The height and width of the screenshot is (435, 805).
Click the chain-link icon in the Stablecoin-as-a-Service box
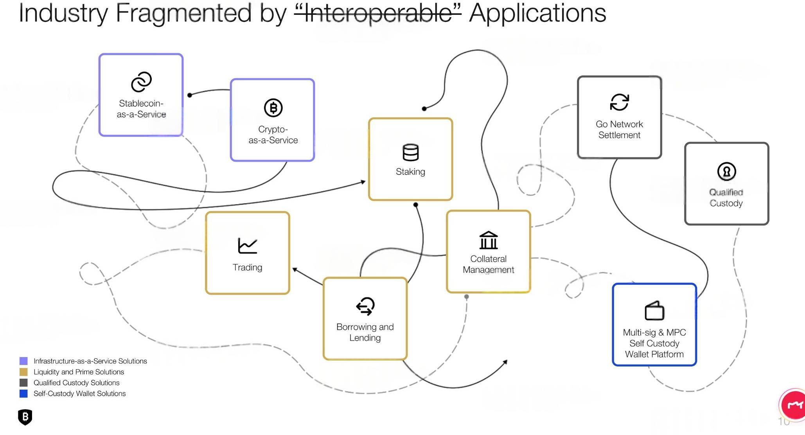[141, 82]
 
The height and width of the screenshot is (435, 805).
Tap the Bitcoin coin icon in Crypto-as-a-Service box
[273, 108]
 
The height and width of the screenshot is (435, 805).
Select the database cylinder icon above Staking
[410, 153]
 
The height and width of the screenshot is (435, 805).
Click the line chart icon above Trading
[247, 246]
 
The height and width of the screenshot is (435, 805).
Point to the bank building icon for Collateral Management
[489, 240]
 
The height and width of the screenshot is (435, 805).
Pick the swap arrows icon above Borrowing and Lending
[365, 306]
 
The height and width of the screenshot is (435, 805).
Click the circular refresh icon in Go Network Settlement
[620, 102]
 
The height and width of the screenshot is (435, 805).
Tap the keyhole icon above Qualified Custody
[726, 171]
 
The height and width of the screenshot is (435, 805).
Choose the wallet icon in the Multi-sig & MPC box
[654, 311]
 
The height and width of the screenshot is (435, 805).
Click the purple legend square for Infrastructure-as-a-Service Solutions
[23, 361]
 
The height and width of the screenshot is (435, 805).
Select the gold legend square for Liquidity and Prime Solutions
[23, 372]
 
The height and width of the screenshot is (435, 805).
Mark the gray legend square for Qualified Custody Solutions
[23, 383]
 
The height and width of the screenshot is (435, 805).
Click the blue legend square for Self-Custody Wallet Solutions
[23, 394]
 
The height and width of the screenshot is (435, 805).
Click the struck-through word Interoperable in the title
[377, 13]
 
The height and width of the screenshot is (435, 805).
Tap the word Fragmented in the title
[183, 13]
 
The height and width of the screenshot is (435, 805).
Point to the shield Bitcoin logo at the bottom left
[25, 417]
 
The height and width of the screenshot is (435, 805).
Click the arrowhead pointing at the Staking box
[363, 182]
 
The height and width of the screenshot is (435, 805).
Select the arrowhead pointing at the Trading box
[295, 270]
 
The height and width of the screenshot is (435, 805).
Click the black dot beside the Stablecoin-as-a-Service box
[190, 95]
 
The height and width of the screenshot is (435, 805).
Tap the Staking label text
[410, 172]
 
